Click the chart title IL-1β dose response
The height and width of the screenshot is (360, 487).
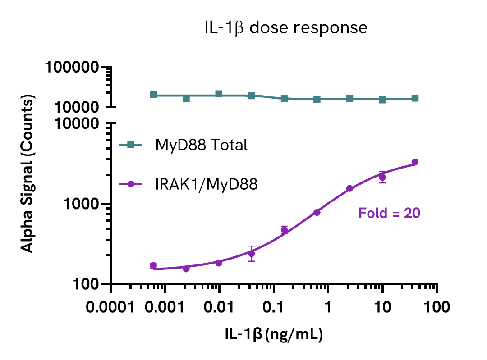285,28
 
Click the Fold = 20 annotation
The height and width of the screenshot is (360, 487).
390,213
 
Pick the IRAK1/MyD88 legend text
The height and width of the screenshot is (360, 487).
207,184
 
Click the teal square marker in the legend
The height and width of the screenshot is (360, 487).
130,145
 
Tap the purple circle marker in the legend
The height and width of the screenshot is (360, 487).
130,184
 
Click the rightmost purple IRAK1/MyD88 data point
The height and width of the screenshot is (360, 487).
415,162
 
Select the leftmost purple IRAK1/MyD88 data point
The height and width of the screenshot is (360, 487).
153,266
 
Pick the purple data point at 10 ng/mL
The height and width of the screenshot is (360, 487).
382,178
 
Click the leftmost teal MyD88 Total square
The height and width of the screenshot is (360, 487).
153,95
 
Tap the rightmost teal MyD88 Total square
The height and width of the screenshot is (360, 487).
415,98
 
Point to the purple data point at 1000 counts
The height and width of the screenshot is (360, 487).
317,212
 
